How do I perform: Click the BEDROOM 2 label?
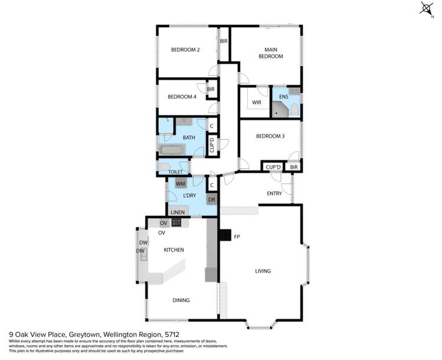coord(185,50)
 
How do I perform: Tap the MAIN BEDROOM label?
coord(270,53)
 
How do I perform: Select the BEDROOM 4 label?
coord(182,97)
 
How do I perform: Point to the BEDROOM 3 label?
coord(270,136)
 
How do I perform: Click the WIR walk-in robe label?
coord(257,103)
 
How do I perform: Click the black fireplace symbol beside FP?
coord(224,235)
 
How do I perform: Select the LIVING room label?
coord(263,271)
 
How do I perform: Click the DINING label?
coord(181,300)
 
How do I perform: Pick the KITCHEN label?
coord(174,250)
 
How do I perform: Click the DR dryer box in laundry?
coord(211,200)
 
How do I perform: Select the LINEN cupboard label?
coord(178,212)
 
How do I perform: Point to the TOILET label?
coord(176,172)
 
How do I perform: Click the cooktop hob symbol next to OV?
coord(176,222)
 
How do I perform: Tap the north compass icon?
coord(426,8)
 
